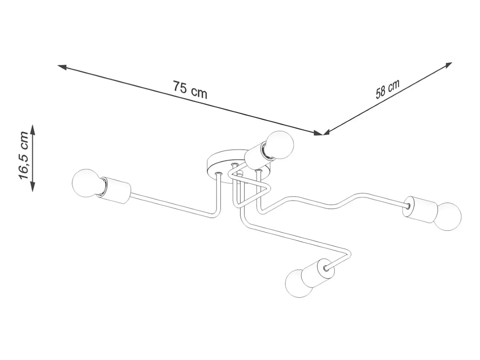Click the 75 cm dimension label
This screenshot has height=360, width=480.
coord(190,89)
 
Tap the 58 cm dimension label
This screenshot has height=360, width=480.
coord(387,89)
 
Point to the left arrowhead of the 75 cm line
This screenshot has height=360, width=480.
coord(62,67)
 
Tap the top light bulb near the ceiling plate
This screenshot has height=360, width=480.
coord(280,145)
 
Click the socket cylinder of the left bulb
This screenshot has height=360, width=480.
coord(116,190)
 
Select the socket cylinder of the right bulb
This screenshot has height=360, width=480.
coord(420,210)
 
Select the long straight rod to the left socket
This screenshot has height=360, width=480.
coord(171,205)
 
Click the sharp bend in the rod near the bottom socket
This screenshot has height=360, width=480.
coord(349,254)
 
